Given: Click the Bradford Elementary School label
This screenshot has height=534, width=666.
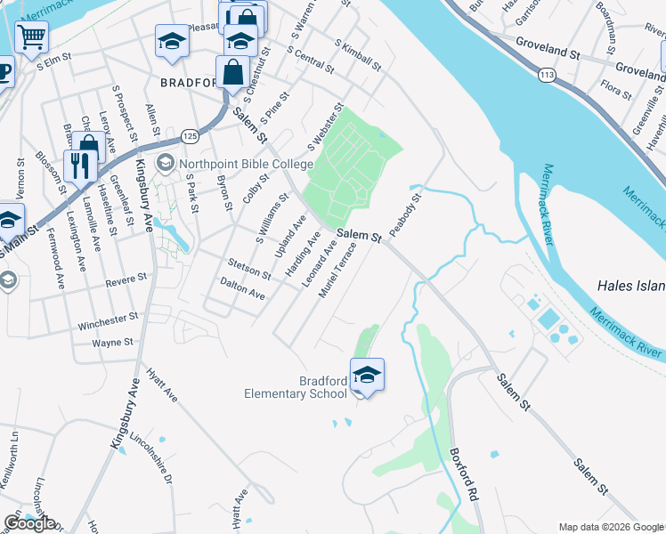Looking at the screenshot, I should coord(296,388).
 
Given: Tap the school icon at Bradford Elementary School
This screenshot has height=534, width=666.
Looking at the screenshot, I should coord(366,375).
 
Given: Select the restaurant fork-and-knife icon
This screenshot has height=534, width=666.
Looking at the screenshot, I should coord(80,164).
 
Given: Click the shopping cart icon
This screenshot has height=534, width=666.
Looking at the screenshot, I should coord(32,37).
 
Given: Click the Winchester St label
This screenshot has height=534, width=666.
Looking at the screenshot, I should coord(108,318).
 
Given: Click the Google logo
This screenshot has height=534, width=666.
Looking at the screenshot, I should coord(29,523).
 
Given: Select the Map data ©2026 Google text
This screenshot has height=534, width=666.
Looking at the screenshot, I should coord(610,527).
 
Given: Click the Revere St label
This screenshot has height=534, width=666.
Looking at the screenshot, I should coord(126,280).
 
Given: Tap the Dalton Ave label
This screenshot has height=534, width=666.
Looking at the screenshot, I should coord(242,287).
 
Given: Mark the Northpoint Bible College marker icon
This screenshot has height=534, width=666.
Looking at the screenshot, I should coord(165,164).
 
